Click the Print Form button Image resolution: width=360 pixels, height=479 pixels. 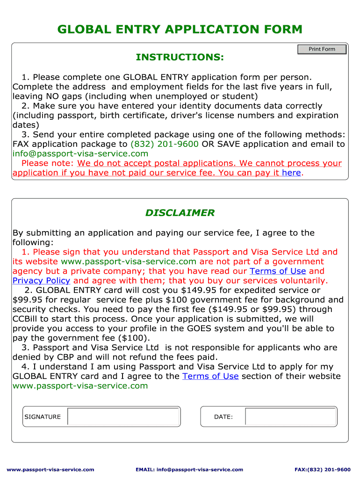[322, 49]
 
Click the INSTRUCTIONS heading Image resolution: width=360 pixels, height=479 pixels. [180, 57]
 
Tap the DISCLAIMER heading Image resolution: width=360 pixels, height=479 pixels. [180, 213]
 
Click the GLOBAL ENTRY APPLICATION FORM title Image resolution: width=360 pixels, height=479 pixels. [180, 29]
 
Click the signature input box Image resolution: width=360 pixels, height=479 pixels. [124, 416]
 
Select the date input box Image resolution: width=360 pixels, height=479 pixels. [290, 416]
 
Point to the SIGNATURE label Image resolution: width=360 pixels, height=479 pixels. [43, 417]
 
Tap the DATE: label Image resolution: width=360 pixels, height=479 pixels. [223, 417]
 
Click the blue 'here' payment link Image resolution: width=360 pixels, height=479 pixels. [291, 173]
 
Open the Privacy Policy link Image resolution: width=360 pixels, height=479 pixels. [41, 281]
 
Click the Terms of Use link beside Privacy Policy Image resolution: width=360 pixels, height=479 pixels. [278, 271]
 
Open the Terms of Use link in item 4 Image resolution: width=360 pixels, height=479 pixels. [210, 376]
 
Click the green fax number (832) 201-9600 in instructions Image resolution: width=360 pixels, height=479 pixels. [164, 144]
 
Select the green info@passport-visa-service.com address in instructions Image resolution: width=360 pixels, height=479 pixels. [80, 153]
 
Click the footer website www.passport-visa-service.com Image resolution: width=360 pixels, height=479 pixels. [50, 469]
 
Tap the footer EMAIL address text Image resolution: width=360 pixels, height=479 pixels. [189, 469]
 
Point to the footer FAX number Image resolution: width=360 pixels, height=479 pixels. [322, 469]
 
